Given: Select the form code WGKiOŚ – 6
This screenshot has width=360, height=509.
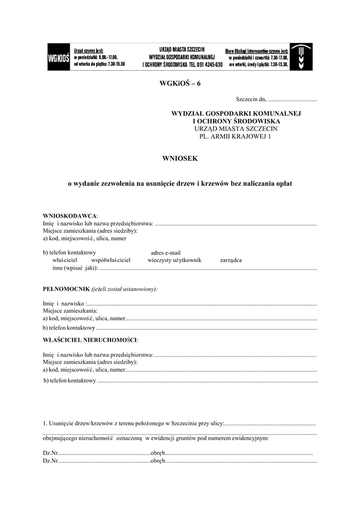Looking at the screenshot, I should [x=179, y=83].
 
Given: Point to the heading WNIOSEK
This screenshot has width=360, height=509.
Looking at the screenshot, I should [x=179, y=158].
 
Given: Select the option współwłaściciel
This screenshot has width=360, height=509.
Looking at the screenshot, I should [x=111, y=261].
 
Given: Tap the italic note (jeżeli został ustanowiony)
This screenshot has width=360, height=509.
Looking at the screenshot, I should [x=128, y=289].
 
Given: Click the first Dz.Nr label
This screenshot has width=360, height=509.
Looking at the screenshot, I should [x=50, y=453].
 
